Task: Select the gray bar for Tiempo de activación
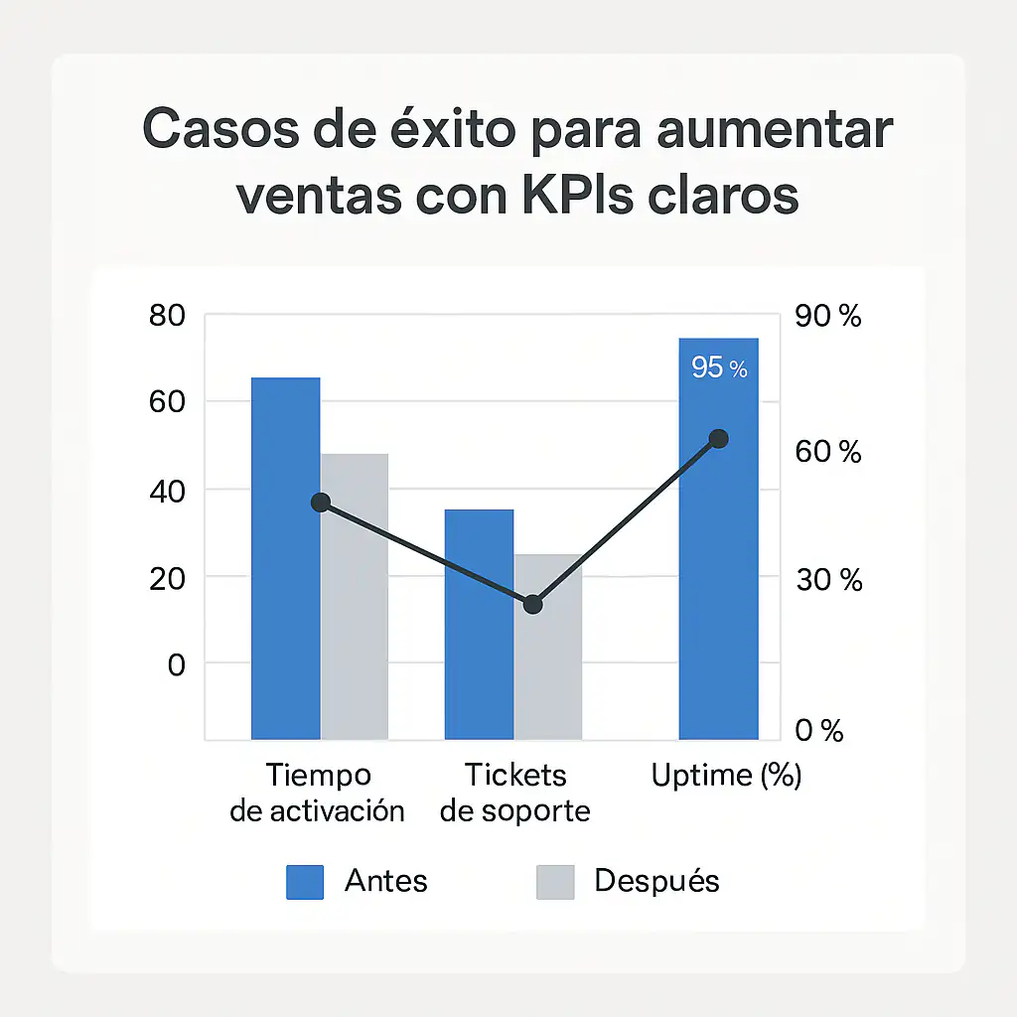click(x=355, y=596)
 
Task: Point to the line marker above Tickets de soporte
click(x=533, y=604)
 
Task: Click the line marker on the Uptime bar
click(x=719, y=439)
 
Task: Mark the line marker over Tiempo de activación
click(x=321, y=503)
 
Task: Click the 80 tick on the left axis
click(x=166, y=317)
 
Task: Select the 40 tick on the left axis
click(x=166, y=491)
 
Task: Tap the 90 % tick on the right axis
click(x=828, y=317)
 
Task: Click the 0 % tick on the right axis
click(x=819, y=731)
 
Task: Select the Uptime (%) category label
click(x=726, y=776)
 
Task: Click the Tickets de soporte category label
click(x=514, y=793)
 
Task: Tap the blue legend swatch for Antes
click(x=305, y=882)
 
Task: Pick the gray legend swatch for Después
click(x=555, y=882)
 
